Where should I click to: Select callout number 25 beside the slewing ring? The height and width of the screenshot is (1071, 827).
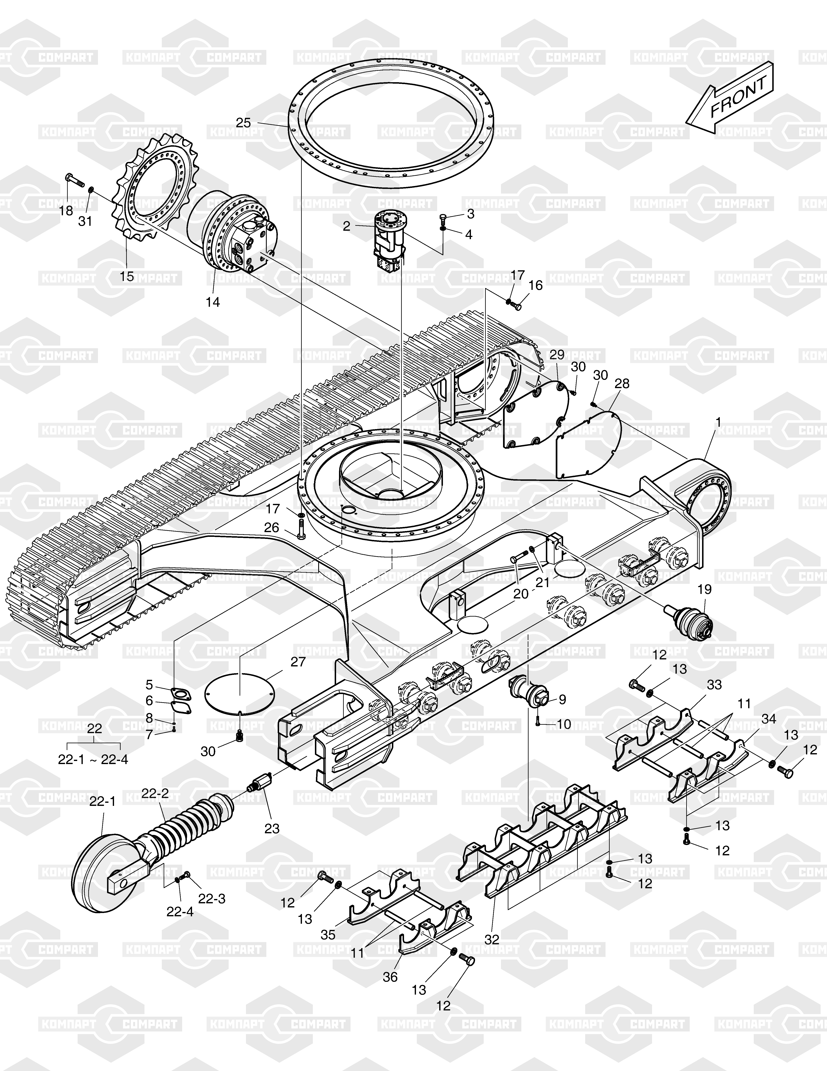coord(243,123)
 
